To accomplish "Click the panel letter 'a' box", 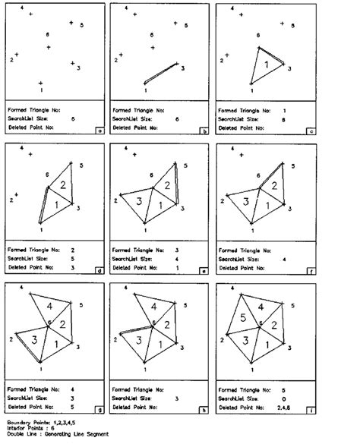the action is point(100,130).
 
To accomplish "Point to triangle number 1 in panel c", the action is point(265,67).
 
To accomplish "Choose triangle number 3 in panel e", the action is point(141,203).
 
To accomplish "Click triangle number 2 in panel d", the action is point(65,185).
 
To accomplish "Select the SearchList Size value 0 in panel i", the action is point(283,397).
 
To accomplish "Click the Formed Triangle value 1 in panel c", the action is point(283,110).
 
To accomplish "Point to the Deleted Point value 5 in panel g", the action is point(71,406).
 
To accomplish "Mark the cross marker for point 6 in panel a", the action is point(49,48).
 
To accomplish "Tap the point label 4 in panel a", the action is point(22,7).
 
